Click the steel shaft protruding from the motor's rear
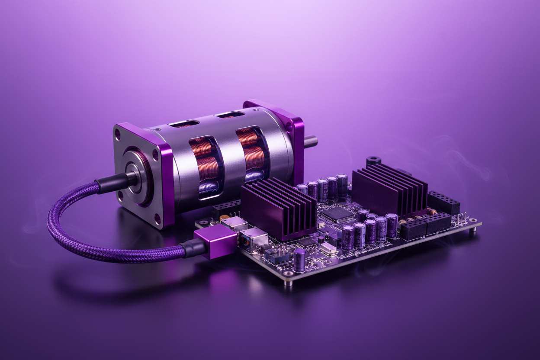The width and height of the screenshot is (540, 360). [x=311, y=141]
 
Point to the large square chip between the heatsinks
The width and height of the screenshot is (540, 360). [x=334, y=214]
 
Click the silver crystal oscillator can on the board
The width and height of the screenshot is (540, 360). [x=328, y=248]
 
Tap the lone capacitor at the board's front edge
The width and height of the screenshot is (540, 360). [x=299, y=260]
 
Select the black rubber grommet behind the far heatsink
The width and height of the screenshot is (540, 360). [x=373, y=161]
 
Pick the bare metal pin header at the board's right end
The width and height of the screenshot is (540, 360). [x=463, y=219]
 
